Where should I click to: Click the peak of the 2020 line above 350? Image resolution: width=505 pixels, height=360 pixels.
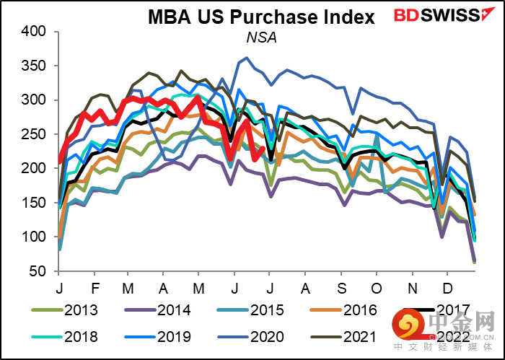click(x=247, y=58)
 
